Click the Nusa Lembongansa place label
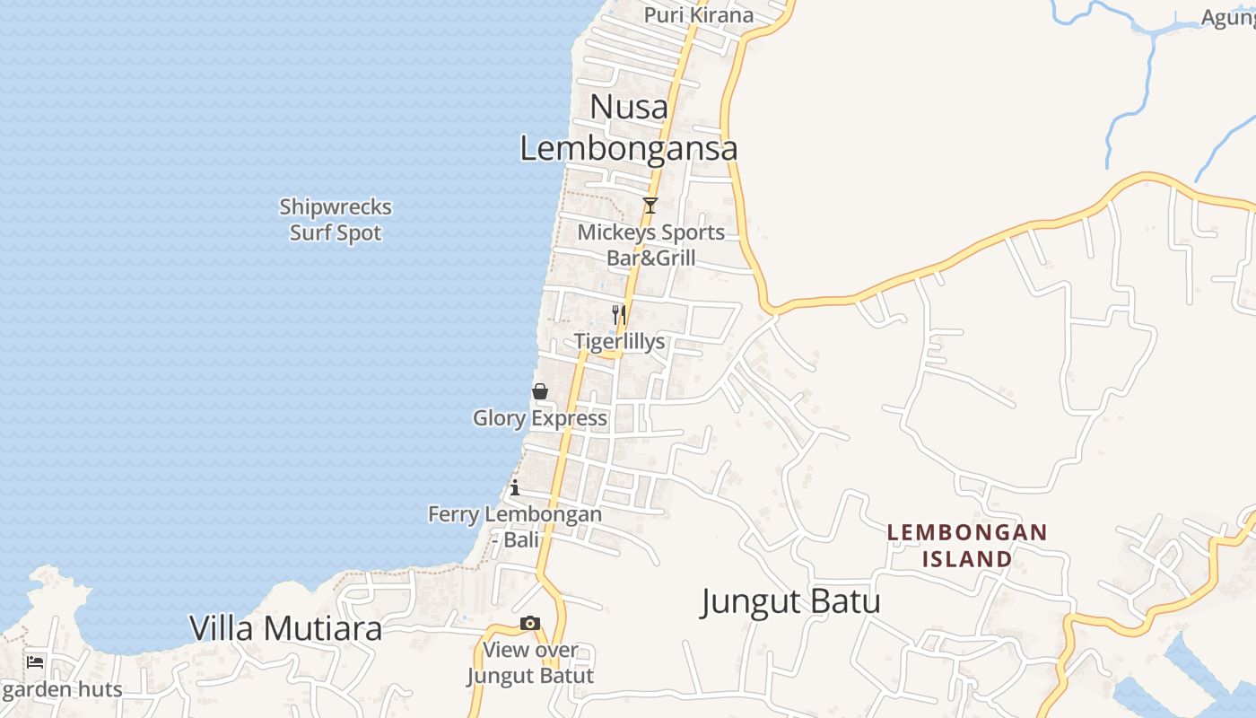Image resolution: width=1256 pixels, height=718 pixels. (x=629, y=127)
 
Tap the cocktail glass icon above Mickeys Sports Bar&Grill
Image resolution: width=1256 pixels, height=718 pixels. (x=650, y=206)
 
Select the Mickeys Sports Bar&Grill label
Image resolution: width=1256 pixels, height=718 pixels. (x=650, y=245)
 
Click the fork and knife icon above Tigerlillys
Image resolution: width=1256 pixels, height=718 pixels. (x=618, y=314)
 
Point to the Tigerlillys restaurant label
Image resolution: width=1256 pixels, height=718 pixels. (x=620, y=342)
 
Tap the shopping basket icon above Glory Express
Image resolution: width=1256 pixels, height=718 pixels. (x=540, y=391)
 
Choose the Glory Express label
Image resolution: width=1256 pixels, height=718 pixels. (x=540, y=418)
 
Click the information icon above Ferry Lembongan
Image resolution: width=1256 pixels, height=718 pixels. (x=515, y=488)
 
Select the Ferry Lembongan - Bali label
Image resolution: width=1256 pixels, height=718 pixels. (x=515, y=527)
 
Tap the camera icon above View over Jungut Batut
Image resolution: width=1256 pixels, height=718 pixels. (x=530, y=623)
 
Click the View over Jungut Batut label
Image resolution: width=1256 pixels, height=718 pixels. (x=530, y=662)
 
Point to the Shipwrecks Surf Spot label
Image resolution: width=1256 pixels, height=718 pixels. (x=336, y=220)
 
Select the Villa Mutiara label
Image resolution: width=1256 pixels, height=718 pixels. (x=285, y=628)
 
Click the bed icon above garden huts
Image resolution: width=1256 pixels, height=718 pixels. (x=35, y=662)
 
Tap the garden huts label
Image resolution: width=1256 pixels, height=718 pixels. (x=62, y=690)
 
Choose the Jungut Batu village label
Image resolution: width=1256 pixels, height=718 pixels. (x=790, y=601)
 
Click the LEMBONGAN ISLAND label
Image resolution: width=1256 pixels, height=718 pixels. (x=967, y=546)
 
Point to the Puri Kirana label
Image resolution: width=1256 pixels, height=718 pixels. (x=699, y=15)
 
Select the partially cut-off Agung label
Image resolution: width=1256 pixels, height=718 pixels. (x=1228, y=18)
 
